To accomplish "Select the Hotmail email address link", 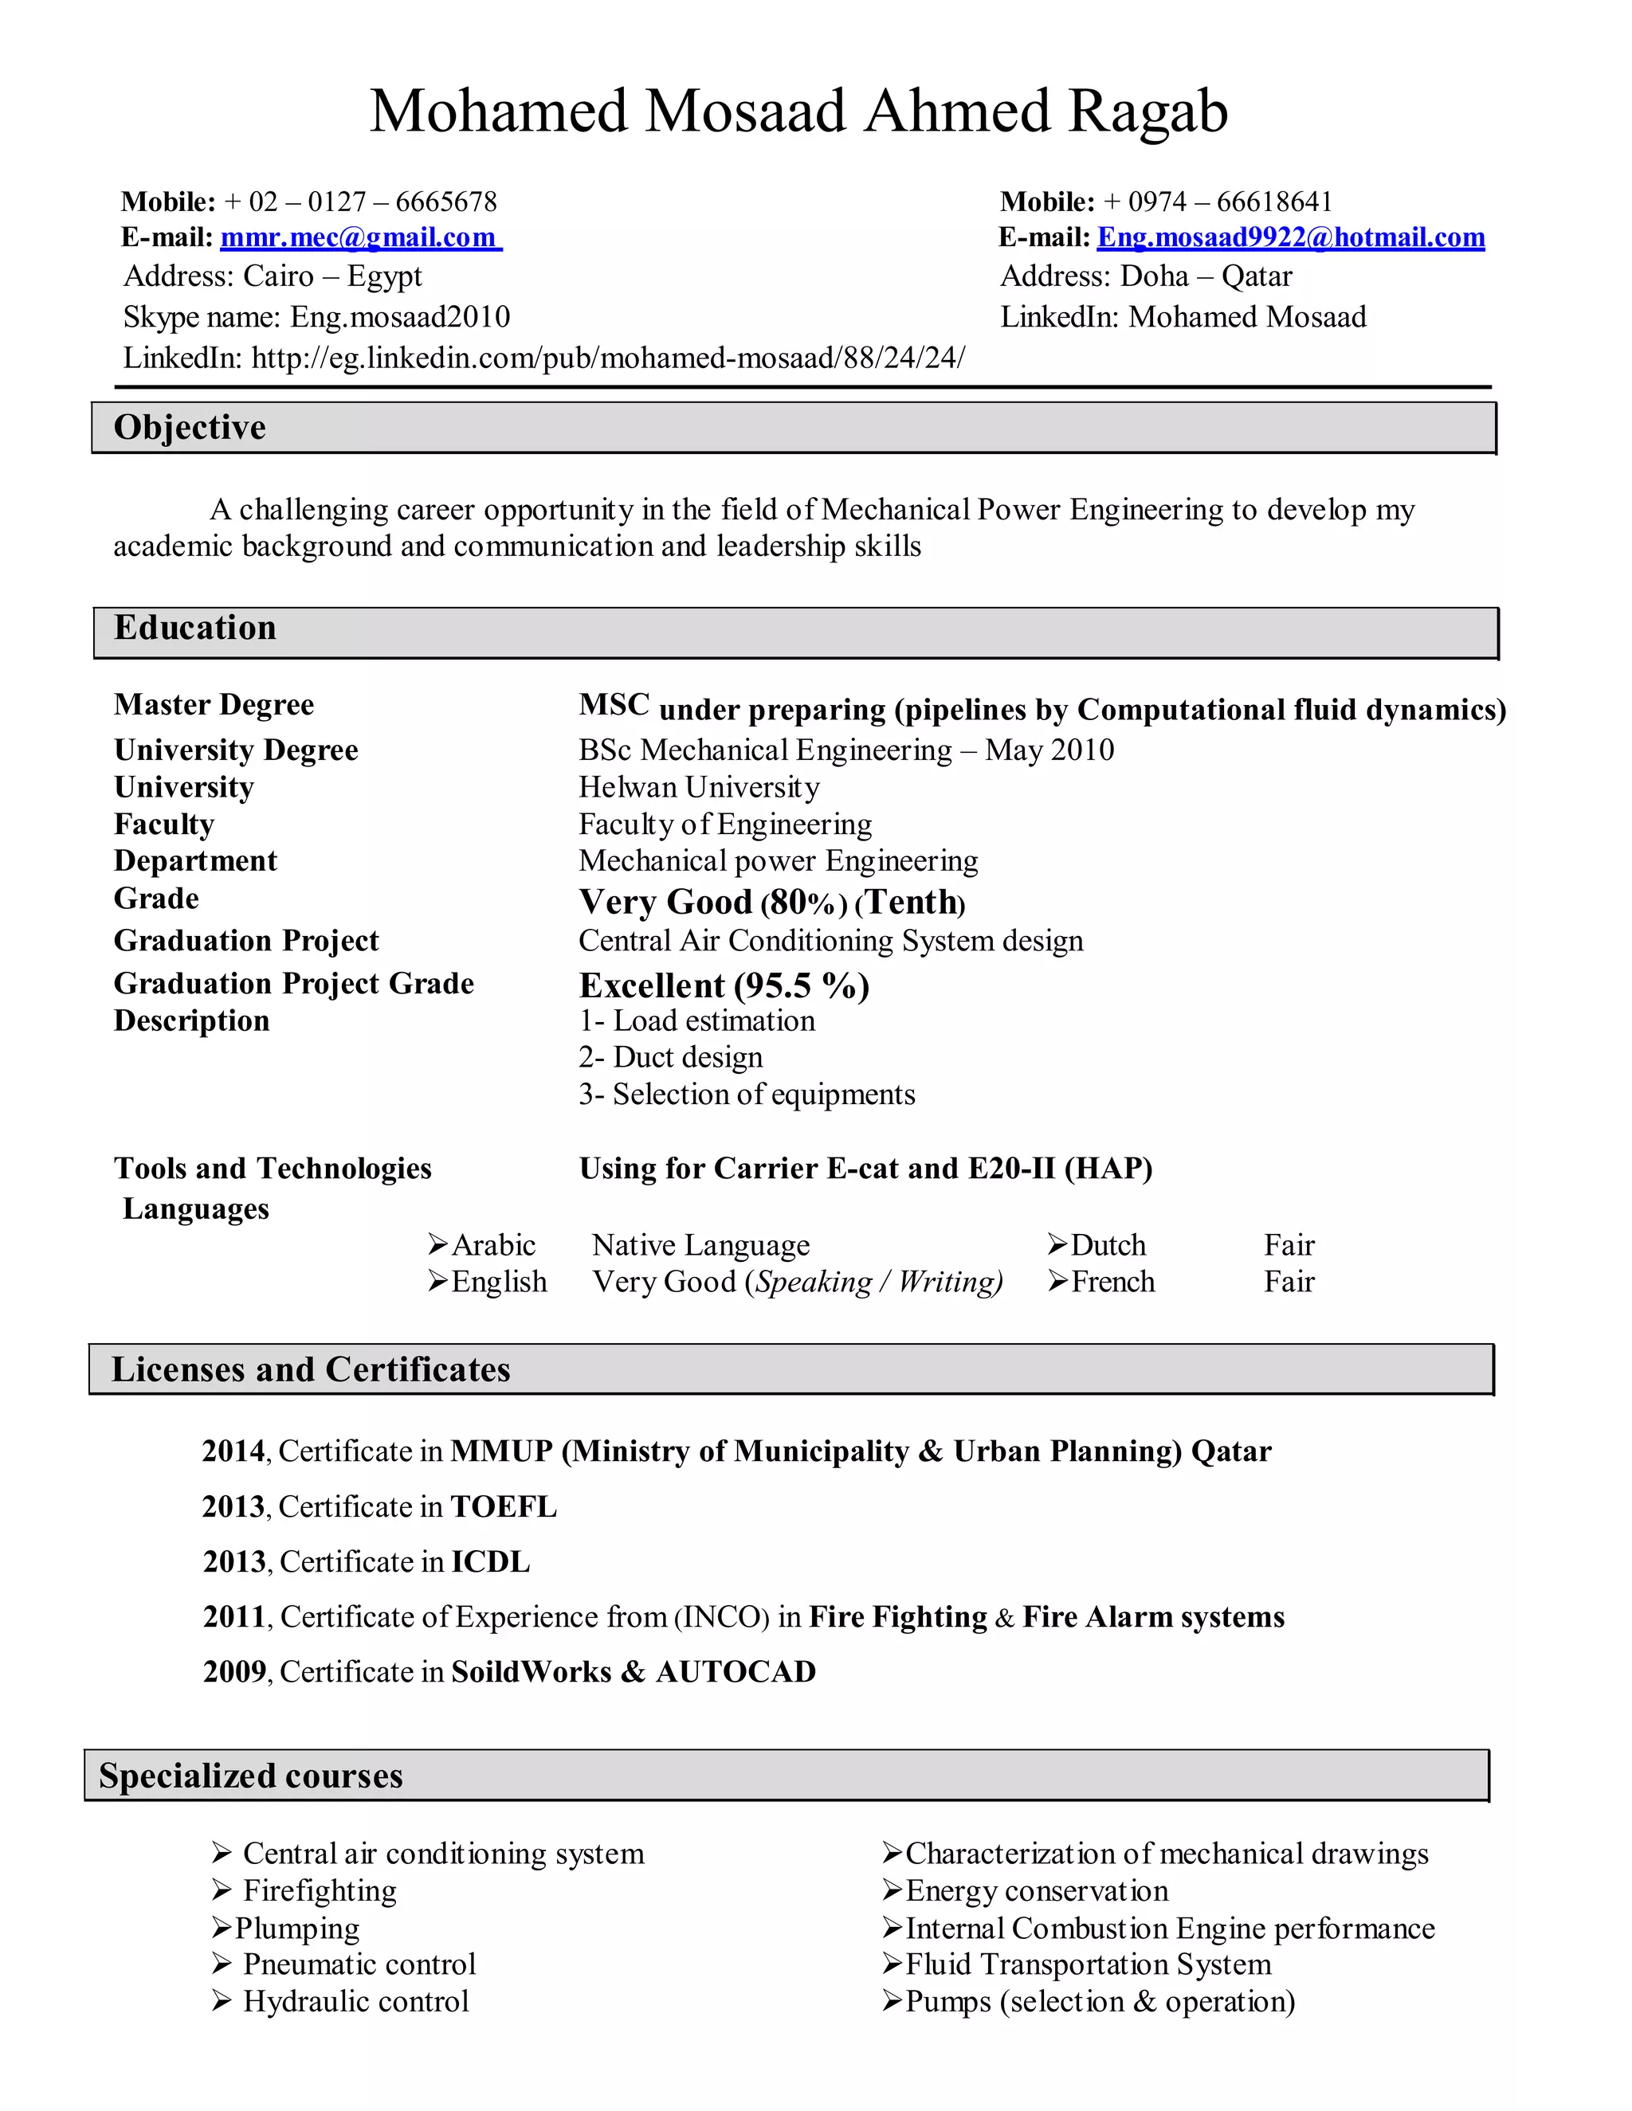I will pos(1290,237).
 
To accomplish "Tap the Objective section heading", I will pos(190,427).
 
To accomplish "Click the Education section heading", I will pos(195,629).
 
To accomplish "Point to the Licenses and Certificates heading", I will pos(310,1369).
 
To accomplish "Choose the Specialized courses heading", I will pos(250,1776).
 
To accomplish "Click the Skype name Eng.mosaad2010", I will pos(316,317).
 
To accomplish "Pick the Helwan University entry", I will pos(698,787).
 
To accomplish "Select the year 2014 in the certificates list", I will pos(233,1451).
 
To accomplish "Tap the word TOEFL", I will pos(503,1507).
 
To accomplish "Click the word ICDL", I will pos(490,1562).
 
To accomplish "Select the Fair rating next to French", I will pos(1289,1282).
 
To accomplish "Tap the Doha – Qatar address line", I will pos(1146,276).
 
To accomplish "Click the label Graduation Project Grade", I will pos(294,984).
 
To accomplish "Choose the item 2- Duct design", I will pos(670,1057).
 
